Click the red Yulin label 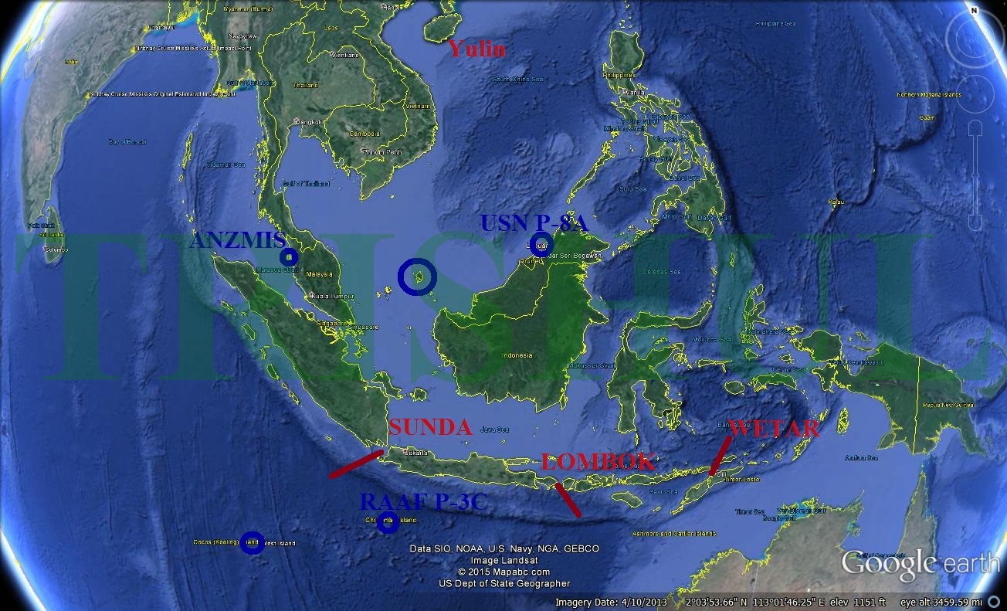click(477, 49)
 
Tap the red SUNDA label click(430, 427)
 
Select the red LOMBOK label click(598, 462)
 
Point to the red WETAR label click(774, 429)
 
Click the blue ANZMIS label click(237, 241)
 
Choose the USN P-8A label click(534, 223)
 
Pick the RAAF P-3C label click(423, 502)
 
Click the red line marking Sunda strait click(356, 463)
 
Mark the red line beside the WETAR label click(720, 455)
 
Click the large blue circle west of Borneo click(417, 276)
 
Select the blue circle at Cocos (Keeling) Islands click(252, 542)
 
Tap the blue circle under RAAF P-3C click(388, 522)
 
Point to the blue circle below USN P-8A click(541, 244)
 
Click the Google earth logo click(919, 563)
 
